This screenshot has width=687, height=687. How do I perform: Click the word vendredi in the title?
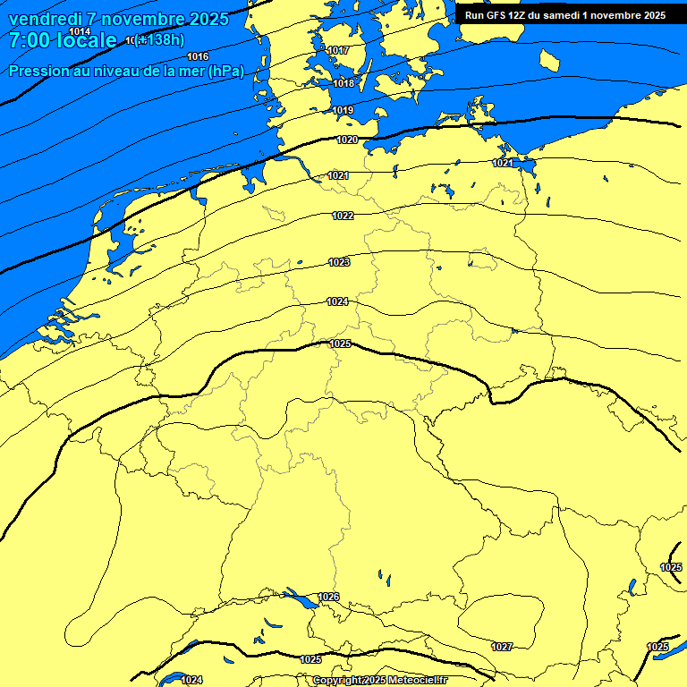point(46,19)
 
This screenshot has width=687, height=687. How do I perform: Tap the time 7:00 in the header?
point(29,40)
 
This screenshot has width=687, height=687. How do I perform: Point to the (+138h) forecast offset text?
point(160,39)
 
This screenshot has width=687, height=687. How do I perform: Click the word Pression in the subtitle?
point(38,71)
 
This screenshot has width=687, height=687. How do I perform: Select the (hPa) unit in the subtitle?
point(225,71)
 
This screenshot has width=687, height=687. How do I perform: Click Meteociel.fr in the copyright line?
point(412,681)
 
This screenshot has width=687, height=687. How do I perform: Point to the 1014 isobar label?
point(80,31)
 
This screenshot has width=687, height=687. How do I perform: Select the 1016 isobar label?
point(198,56)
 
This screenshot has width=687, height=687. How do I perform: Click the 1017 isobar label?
point(339,50)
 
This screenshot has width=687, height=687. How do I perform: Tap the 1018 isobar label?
point(343,83)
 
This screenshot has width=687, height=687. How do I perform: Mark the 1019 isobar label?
point(343,110)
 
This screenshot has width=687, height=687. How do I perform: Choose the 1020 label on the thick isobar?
point(347,140)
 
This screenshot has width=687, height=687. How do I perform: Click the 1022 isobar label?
point(343,216)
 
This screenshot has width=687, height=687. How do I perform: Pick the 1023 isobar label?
point(339,262)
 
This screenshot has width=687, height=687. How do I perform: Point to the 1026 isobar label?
point(329,597)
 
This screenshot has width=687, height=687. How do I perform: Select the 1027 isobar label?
point(502,647)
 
